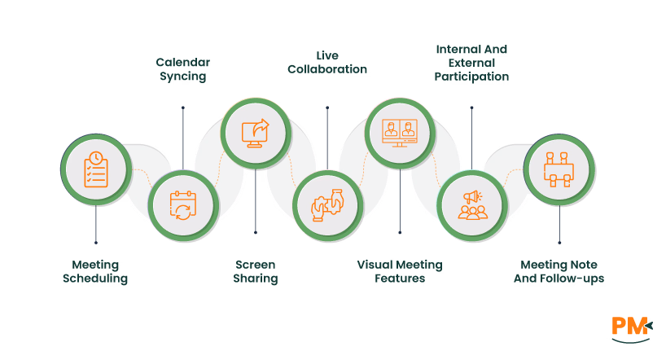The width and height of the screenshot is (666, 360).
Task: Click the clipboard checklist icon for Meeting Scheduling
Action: pyautogui.click(x=96, y=169)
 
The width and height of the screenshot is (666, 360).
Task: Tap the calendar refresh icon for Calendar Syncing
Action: pyautogui.click(x=183, y=205)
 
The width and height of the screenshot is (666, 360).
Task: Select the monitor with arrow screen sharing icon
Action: pyautogui.click(x=256, y=133)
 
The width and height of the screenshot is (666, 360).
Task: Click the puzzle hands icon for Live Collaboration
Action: pyautogui.click(x=327, y=205)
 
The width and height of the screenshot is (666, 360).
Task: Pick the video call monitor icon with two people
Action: pyautogui.click(x=399, y=133)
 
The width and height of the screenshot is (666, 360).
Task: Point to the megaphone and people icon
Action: pyautogui.click(x=472, y=205)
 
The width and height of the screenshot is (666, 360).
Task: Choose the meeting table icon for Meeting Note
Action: pyautogui.click(x=559, y=169)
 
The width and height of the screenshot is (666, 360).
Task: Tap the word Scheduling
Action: pyautogui.click(x=95, y=279)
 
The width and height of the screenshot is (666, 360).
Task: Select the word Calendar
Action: pyautogui.click(x=182, y=63)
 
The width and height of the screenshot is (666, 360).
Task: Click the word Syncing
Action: pyautogui.click(x=182, y=77)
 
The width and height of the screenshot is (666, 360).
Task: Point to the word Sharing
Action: pyautogui.click(x=256, y=279)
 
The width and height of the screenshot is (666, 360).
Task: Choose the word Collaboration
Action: pyautogui.click(x=327, y=70)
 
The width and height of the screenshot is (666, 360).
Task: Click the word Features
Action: pyautogui.click(x=400, y=279)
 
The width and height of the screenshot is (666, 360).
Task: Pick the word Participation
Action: pyautogui.click(x=471, y=77)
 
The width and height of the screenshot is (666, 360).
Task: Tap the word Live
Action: pyautogui.click(x=327, y=56)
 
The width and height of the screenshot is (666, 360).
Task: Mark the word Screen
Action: pyautogui.click(x=256, y=265)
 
